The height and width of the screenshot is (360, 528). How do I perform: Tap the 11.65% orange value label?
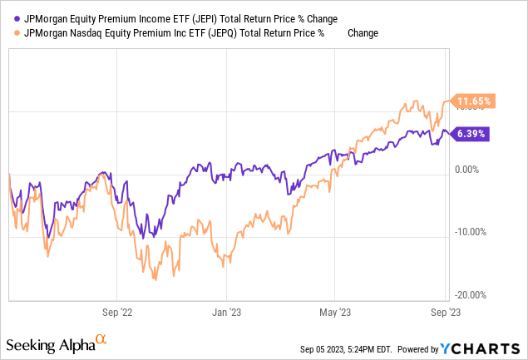472,101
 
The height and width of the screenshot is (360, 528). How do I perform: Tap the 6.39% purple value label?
470,132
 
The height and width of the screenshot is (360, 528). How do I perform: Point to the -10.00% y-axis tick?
471,232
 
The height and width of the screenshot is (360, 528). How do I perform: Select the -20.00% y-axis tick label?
471,294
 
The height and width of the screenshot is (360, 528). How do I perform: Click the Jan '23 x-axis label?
225,313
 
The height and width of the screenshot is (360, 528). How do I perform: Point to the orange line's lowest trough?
155,279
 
